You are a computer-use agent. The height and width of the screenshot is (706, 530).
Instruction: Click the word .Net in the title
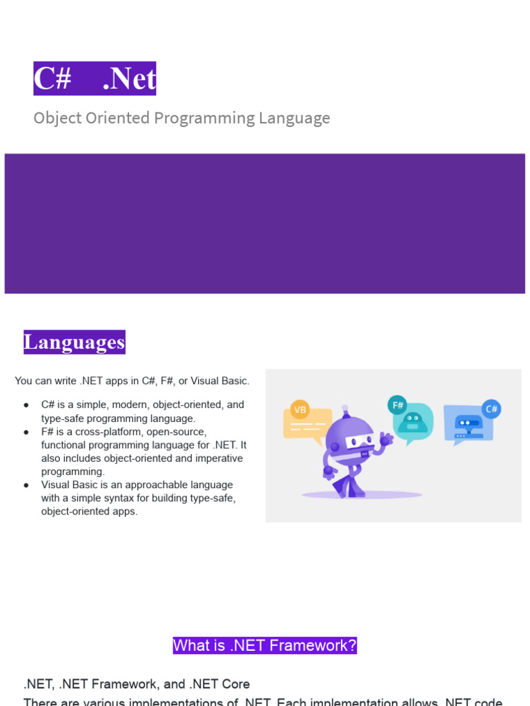(129, 79)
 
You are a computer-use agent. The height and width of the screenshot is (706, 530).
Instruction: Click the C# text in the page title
(53, 79)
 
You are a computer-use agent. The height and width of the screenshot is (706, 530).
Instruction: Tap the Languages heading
(75, 342)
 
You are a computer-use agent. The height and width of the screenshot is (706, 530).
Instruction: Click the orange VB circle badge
(300, 410)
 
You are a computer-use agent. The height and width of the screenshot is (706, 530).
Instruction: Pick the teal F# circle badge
(397, 405)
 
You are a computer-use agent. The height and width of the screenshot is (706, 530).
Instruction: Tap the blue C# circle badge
(491, 409)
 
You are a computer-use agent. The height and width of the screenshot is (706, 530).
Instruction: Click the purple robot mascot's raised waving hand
(386, 438)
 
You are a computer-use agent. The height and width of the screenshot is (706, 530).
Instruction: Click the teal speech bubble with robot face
(413, 422)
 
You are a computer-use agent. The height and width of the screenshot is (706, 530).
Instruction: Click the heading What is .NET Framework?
(265, 645)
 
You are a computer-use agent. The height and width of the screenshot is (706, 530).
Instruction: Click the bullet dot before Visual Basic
(26, 485)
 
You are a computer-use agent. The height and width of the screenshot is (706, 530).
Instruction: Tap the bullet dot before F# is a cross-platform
(26, 432)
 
